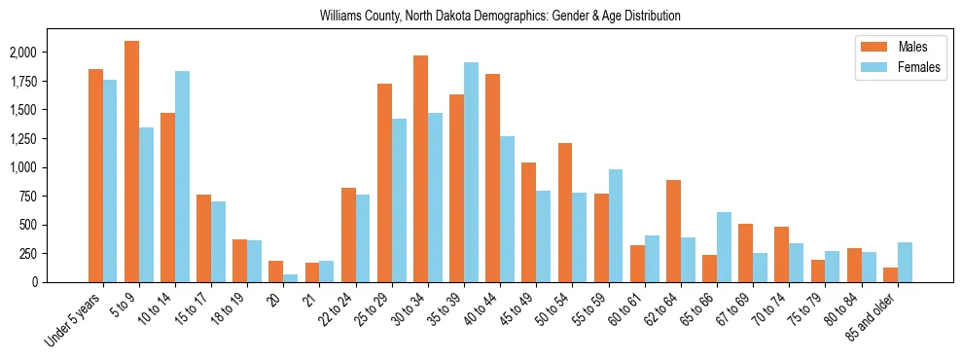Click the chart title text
[x=500, y=17]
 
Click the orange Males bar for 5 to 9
[x=132, y=162]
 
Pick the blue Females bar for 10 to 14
[x=183, y=176]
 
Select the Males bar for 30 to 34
[x=420, y=168]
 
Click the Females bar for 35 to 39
[x=471, y=172]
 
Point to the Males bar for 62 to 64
[x=673, y=231]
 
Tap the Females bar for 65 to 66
[x=724, y=247]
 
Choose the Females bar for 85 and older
[x=905, y=262]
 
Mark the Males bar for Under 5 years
[x=95, y=175]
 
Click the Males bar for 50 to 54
[x=565, y=212]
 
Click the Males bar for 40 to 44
[x=493, y=178]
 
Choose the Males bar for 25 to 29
[x=384, y=183]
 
